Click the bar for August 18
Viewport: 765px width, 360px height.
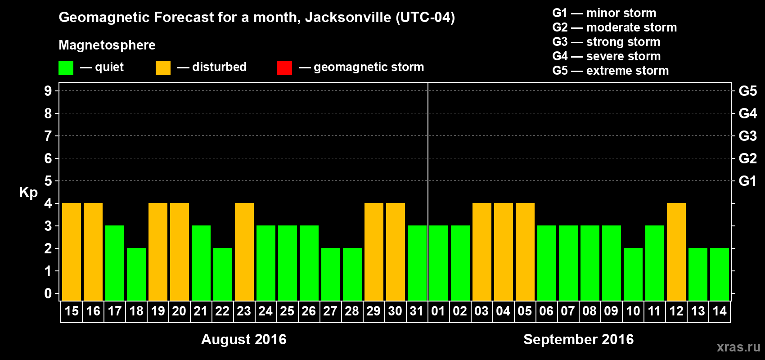[x=136, y=274]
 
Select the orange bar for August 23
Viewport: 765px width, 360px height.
[x=244, y=252]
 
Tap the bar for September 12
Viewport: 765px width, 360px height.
[x=676, y=252]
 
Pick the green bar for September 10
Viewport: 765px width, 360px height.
[x=633, y=274]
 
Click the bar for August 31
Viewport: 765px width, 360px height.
[x=417, y=263]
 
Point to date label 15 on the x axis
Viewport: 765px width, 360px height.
[x=72, y=311]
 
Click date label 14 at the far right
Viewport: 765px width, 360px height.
[x=720, y=311]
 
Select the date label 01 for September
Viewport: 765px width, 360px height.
[x=438, y=311]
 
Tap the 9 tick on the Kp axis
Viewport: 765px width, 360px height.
[x=48, y=91]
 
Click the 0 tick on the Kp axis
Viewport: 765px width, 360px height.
[x=48, y=294]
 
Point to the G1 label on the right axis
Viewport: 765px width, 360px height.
[x=747, y=181]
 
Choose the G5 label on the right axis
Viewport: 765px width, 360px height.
[x=747, y=91]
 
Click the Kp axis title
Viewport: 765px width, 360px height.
[x=28, y=193]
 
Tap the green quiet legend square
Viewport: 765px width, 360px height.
[x=66, y=68]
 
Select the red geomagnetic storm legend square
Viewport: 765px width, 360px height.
[x=284, y=68]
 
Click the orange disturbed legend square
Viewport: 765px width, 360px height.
[x=163, y=68]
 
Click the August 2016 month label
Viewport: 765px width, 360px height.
[x=243, y=339]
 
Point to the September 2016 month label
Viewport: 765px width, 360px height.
[x=578, y=339]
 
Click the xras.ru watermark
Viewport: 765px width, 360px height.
[x=738, y=347]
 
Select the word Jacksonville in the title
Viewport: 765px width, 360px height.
[x=348, y=18]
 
